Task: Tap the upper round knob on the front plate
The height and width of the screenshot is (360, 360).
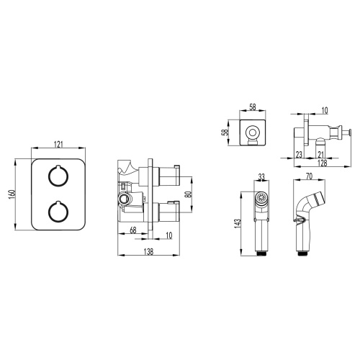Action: [56, 176]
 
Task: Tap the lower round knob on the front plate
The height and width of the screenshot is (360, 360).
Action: [56, 212]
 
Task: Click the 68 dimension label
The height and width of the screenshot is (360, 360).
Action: [134, 230]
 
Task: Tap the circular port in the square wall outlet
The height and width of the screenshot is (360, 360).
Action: [252, 131]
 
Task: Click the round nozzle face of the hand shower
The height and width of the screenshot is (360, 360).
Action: [261, 197]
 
